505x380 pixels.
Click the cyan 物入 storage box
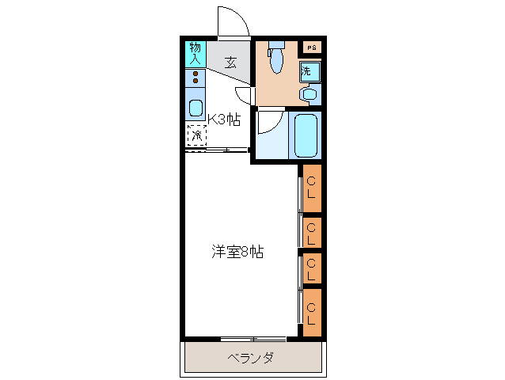195,55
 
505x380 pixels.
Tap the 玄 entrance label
230,63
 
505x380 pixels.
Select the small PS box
311,47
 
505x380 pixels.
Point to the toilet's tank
275,45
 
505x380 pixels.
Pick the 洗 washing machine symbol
309,72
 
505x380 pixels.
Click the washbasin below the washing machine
309,95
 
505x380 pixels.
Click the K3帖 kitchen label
224,120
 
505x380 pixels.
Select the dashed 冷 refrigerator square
196,135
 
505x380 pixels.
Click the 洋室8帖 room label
237,253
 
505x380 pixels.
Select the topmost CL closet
312,188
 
